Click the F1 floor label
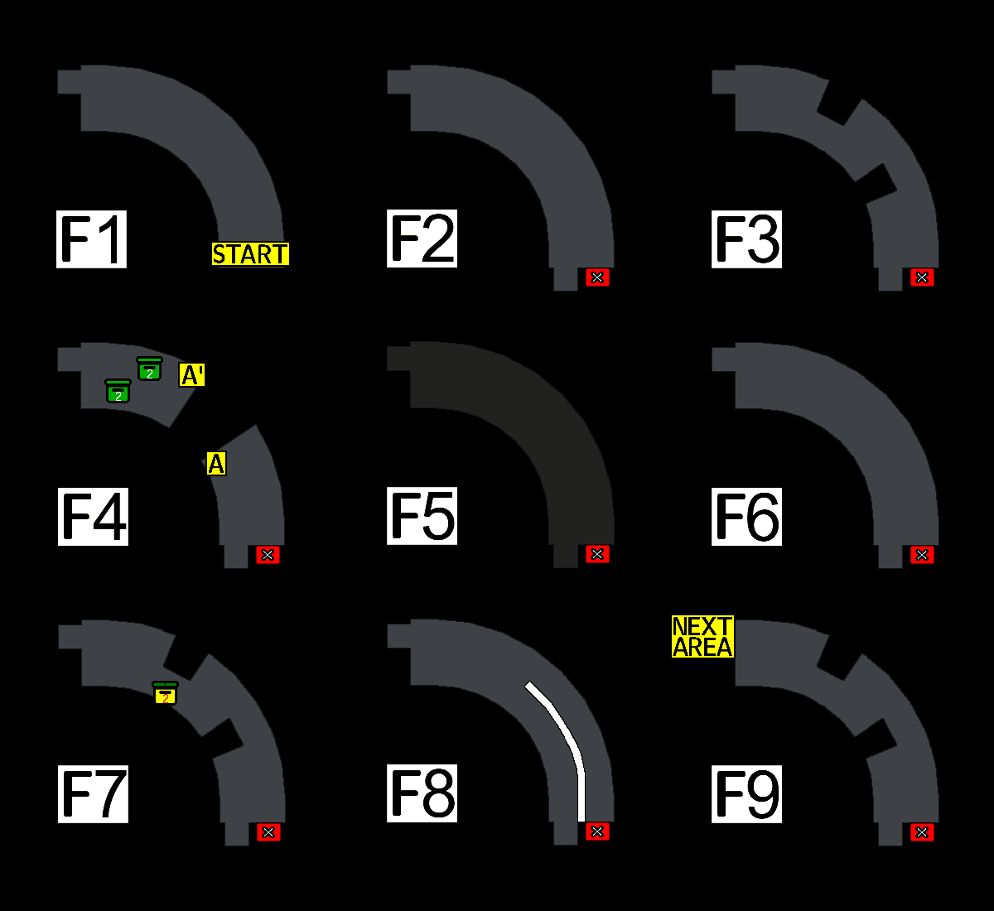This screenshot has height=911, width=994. coord(91,239)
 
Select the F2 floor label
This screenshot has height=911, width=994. coord(422,239)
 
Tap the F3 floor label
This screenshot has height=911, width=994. coord(746,239)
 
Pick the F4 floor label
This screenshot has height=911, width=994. coord(93,517)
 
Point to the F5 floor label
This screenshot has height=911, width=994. coord(422,516)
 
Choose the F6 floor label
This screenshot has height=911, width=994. coord(746,517)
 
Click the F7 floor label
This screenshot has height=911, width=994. coord(93,794)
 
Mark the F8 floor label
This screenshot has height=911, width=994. coord(422,793)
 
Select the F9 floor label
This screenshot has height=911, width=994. coord(746,794)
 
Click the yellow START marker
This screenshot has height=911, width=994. coord(250,254)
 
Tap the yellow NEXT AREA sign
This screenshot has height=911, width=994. coord(702,637)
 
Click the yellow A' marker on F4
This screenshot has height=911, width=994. coord(192,375)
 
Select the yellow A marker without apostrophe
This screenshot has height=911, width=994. coord(216,464)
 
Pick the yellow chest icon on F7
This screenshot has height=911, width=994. coord(166,694)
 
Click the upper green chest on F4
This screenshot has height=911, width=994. coord(149,369)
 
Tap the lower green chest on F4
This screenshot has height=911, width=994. coord(118,391)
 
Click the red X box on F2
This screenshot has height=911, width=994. coord(597,277)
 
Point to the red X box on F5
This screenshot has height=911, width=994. coord(597,554)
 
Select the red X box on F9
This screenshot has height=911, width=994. coord(922,832)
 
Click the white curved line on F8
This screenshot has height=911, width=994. coord(563,729)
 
